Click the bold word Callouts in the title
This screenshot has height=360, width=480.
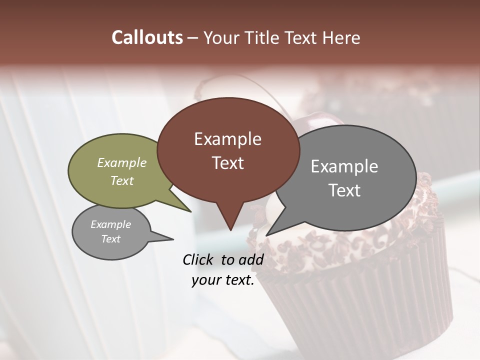click(x=147, y=38)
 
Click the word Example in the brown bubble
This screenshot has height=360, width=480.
click(x=227, y=139)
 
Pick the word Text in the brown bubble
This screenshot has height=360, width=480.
click(x=227, y=163)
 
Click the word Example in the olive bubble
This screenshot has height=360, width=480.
click(x=122, y=163)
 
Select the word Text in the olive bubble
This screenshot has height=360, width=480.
click(x=122, y=181)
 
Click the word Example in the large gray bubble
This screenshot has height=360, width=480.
click(x=344, y=166)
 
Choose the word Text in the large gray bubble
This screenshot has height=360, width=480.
click(x=344, y=190)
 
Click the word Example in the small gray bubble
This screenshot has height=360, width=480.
click(x=111, y=224)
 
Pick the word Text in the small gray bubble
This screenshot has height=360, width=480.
click(x=111, y=239)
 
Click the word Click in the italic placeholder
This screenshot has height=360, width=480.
click(x=199, y=259)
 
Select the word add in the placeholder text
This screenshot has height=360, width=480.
click(x=251, y=259)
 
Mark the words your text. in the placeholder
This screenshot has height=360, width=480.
click(x=223, y=280)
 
